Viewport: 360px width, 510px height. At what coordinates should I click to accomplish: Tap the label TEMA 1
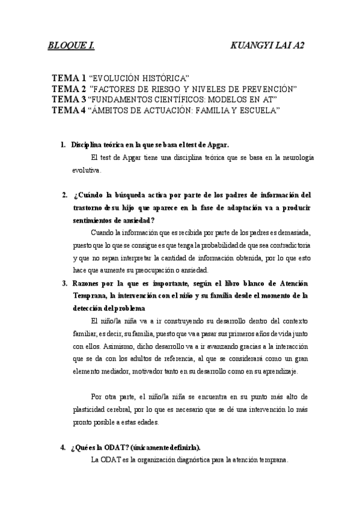pyautogui.click(x=69, y=79)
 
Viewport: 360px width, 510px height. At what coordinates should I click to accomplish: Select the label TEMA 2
pyautogui.click(x=69, y=90)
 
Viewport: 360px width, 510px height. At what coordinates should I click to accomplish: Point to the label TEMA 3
pyautogui.click(x=69, y=100)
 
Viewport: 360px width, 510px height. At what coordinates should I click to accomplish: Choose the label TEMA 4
pyautogui.click(x=69, y=110)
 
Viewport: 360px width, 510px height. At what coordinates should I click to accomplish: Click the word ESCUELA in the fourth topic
pyautogui.click(x=258, y=110)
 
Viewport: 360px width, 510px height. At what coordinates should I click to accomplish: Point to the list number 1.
pyautogui.click(x=63, y=145)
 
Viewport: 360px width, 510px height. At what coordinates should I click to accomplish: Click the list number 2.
pyautogui.click(x=63, y=195)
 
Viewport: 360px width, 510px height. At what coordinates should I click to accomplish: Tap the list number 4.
pyautogui.click(x=63, y=448)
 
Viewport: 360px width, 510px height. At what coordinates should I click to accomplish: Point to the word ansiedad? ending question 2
pyautogui.click(x=138, y=220)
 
